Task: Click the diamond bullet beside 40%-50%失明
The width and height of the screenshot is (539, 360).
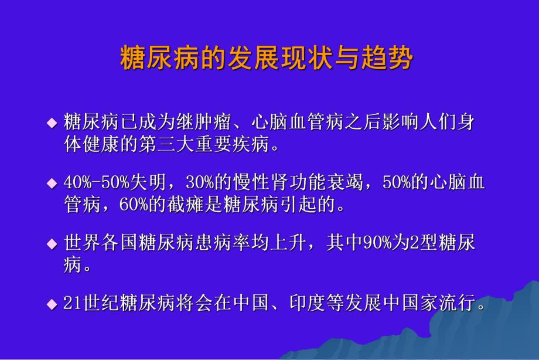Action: [52, 183]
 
